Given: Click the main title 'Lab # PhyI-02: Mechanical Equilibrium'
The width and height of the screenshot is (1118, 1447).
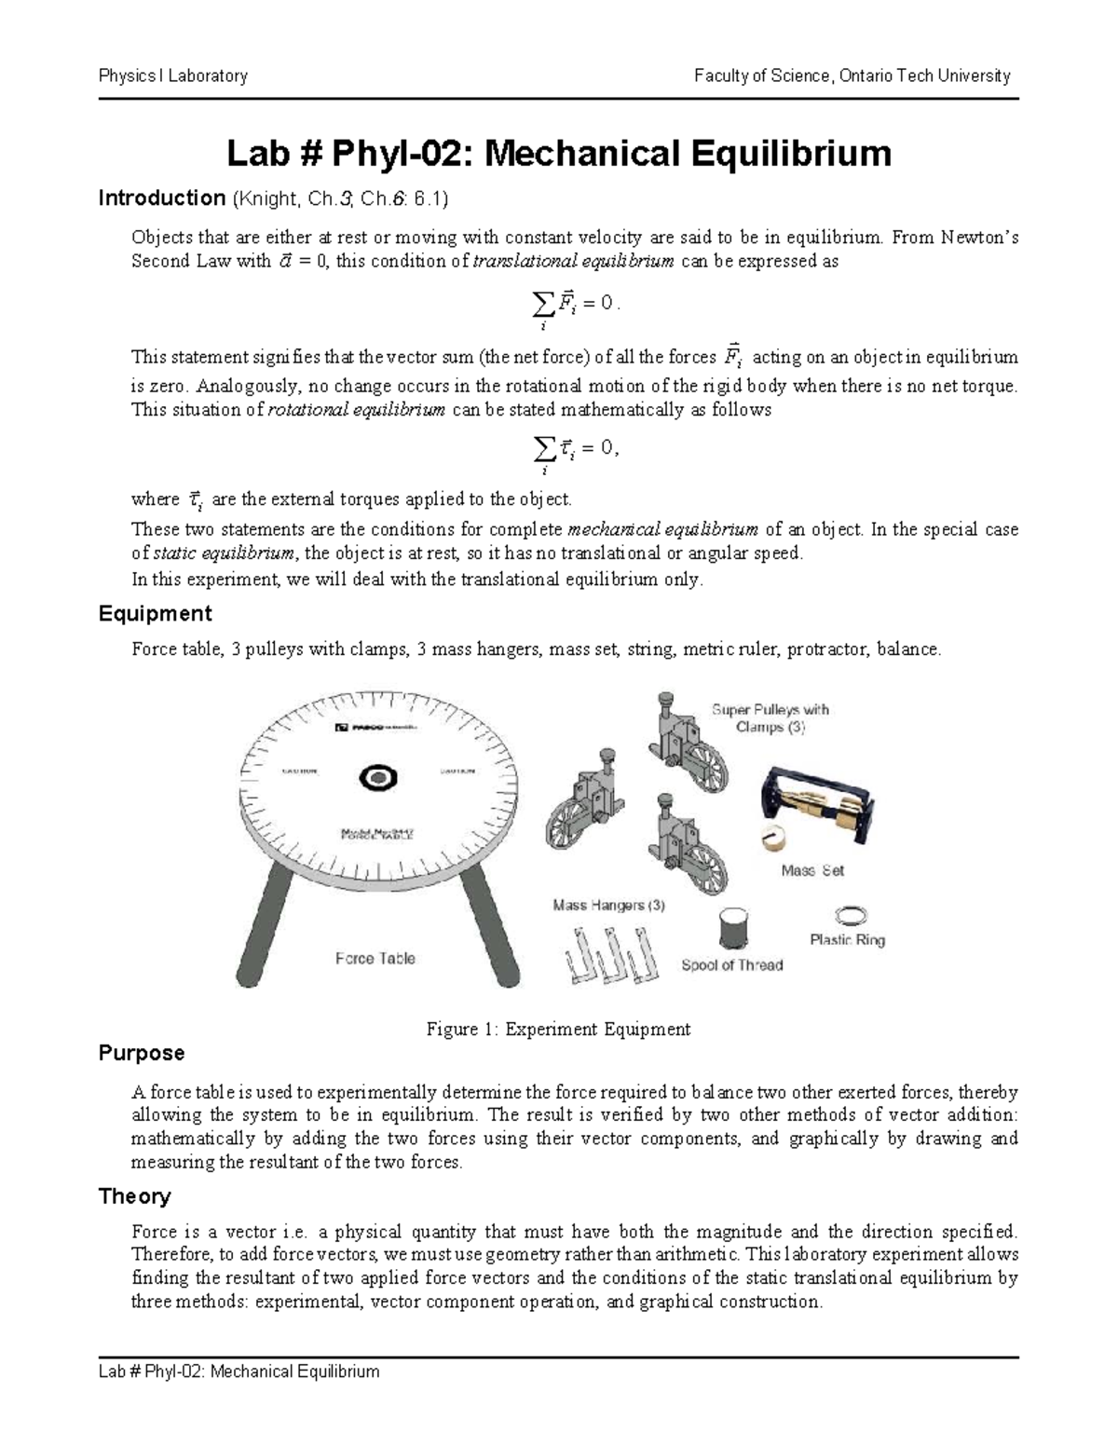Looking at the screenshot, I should coord(559,154).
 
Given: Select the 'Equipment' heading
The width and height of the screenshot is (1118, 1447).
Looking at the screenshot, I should coord(155,614).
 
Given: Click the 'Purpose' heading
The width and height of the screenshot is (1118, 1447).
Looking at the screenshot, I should coord(142,1053).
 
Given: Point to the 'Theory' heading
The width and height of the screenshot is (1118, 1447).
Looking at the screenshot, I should coord(135,1196).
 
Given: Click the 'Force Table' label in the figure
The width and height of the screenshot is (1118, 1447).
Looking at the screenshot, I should coord(375,958).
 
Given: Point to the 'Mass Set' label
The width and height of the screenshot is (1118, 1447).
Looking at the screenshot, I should coord(811,870).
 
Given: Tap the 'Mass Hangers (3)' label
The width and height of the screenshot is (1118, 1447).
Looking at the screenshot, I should coord(608,905).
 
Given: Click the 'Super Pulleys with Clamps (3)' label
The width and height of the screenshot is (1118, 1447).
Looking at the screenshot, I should coord(770,717).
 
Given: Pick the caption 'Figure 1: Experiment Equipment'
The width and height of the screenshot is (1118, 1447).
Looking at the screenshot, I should coord(558,1030).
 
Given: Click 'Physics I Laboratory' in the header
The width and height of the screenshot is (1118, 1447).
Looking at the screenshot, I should coord(173,76).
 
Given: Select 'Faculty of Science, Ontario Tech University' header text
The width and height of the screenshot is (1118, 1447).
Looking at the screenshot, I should coord(852,76).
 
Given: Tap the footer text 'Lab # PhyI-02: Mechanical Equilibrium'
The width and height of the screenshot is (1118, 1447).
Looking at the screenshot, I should coord(239,1372).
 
